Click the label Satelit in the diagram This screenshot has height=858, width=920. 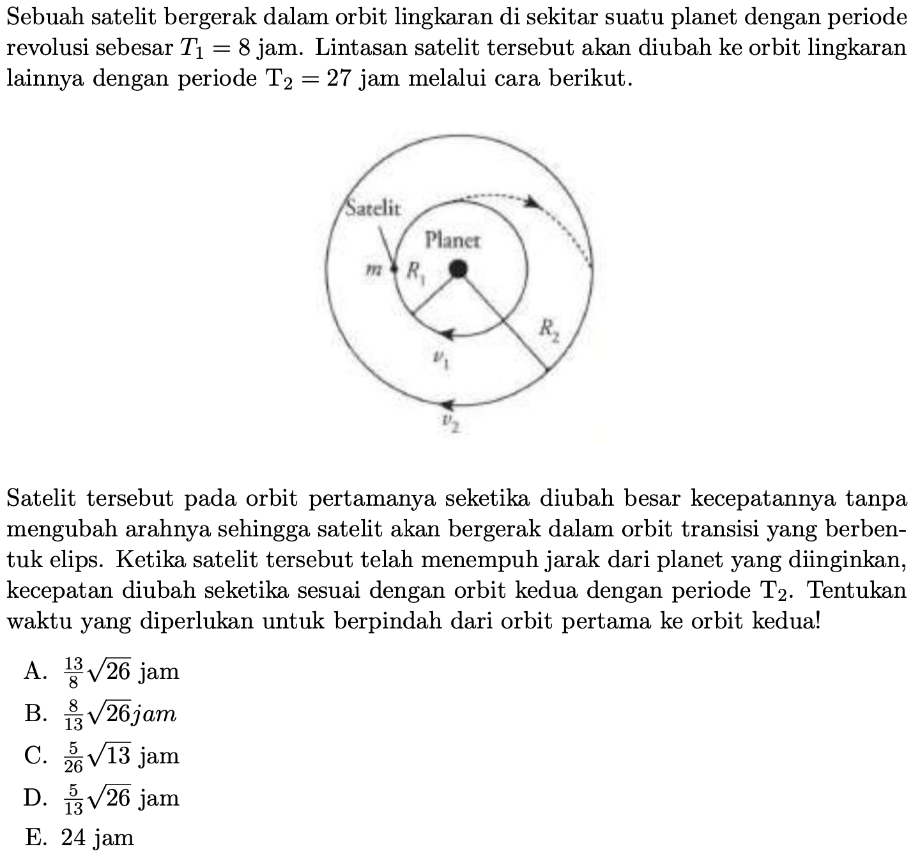point(374,207)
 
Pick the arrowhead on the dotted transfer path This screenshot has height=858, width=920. point(532,203)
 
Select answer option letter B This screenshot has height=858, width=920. point(34,714)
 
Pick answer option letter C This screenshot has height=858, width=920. point(34,756)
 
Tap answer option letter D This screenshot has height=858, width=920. point(34,799)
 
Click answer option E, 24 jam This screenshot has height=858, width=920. point(80,838)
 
